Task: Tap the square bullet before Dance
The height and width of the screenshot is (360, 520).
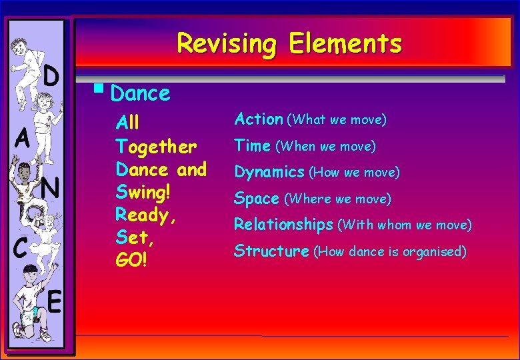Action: [98, 87]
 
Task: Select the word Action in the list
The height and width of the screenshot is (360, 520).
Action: [259, 119]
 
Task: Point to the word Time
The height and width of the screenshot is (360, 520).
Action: [252, 145]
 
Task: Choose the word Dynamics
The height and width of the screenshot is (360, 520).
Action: [269, 173]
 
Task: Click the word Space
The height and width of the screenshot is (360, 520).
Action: [257, 199]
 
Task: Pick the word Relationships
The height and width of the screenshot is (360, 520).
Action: [283, 225]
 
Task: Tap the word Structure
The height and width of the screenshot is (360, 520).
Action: [271, 251]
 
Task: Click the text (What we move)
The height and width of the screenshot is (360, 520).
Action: [337, 120]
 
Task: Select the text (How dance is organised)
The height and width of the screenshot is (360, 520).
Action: [390, 252]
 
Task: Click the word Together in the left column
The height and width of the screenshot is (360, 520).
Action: [156, 146]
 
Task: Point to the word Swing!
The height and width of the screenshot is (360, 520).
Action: [143, 193]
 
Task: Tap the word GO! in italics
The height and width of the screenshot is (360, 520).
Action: [131, 259]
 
